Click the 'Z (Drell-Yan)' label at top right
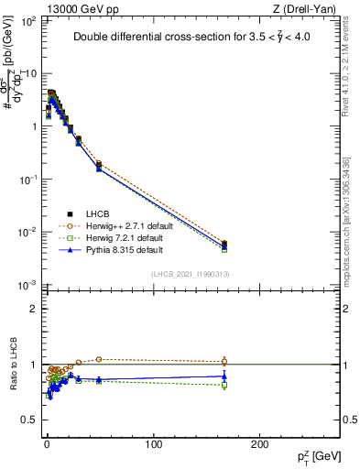305,7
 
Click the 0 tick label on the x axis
46,443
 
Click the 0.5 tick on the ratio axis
27,420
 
